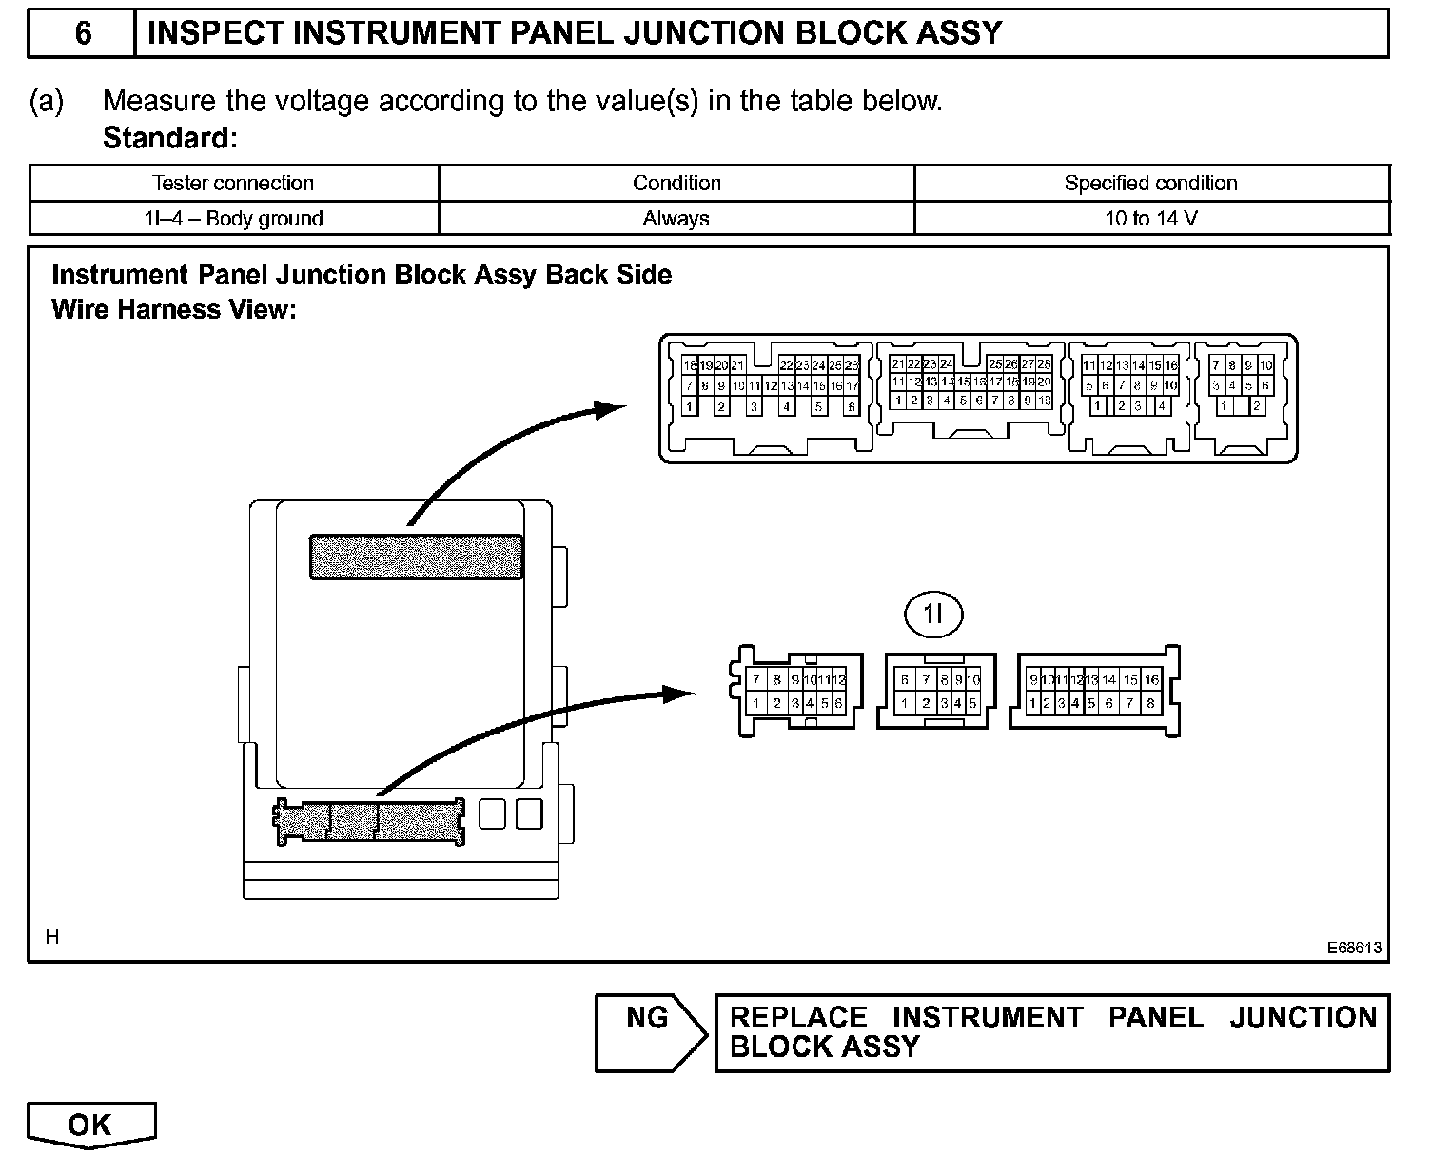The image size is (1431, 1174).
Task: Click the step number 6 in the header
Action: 83,33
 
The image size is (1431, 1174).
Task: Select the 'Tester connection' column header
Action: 233,183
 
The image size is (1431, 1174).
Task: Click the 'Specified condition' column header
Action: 1150,183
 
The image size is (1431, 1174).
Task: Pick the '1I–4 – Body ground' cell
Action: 233,219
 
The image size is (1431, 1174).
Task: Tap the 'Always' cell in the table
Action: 676,219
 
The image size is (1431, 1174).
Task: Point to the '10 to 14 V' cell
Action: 1150,219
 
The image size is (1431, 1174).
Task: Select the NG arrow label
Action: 647,1018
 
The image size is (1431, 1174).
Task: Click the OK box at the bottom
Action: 90,1125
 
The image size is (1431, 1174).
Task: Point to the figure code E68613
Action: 1355,949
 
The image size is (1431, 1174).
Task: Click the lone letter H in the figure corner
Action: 52,937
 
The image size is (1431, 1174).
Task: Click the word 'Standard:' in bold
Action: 169,138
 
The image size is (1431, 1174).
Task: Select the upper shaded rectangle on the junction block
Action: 416,557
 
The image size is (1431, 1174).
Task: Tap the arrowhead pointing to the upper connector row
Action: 609,408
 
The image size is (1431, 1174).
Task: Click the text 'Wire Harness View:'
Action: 174,309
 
